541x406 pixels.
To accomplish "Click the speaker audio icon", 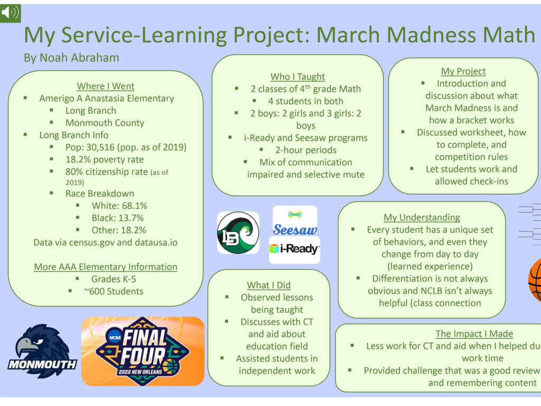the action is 10,13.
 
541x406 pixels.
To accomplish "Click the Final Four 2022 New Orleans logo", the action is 143,351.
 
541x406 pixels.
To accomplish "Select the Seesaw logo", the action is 295,221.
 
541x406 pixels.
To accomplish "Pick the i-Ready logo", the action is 295,250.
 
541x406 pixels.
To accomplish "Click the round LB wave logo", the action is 238,233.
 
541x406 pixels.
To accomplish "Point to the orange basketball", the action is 535,280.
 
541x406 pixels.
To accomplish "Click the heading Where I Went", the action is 106,86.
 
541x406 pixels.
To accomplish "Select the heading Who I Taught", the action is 298,76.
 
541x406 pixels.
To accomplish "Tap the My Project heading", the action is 463,71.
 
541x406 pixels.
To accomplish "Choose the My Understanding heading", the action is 422,217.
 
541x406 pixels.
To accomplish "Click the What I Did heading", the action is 269,285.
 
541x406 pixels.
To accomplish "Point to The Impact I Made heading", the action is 474,334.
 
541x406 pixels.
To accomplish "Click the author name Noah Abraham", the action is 79,58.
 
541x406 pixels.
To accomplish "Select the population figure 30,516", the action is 100,147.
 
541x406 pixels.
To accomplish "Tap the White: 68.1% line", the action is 119,206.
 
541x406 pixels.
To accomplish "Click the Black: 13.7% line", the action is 118,218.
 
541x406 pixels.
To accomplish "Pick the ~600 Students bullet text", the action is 114,291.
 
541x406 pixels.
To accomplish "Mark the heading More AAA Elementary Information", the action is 106,266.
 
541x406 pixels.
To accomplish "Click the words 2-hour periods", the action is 306,150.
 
